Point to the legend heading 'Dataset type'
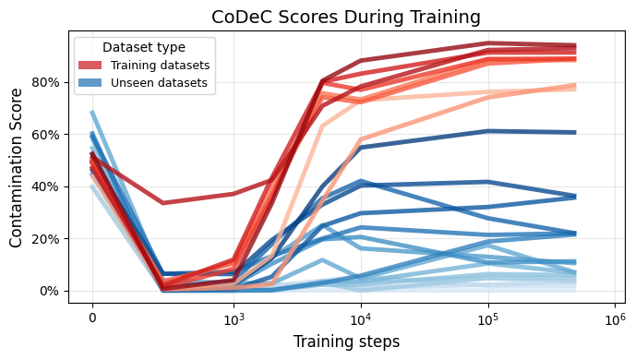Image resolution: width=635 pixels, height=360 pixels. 144,47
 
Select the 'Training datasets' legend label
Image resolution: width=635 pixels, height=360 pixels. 160,66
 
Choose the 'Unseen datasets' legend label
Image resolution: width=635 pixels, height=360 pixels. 158,83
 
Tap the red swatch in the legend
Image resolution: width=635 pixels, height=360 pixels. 92,66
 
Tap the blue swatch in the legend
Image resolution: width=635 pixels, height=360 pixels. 92,83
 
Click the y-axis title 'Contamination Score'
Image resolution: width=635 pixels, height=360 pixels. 17,169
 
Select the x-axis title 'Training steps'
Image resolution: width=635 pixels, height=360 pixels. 346,342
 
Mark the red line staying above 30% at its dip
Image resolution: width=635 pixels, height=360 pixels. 163,202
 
